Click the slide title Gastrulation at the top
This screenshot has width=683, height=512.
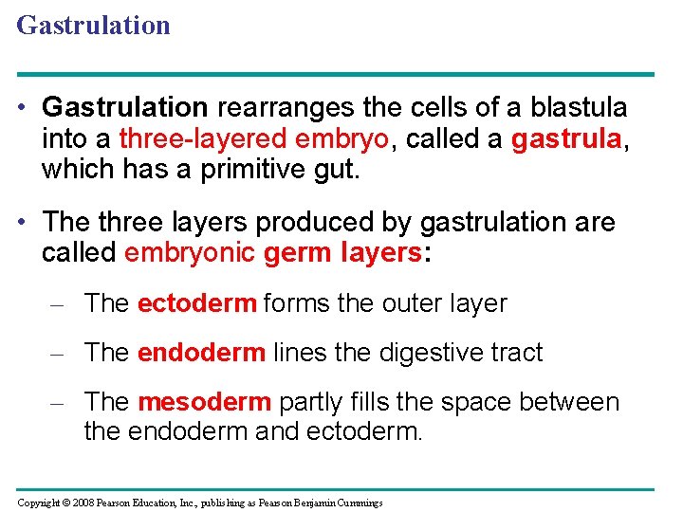pos(93,25)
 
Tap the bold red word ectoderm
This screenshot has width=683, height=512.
pos(196,303)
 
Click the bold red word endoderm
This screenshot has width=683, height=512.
pos(201,353)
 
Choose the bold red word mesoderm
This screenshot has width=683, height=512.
pos(204,402)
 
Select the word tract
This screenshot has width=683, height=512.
pos(517,353)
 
